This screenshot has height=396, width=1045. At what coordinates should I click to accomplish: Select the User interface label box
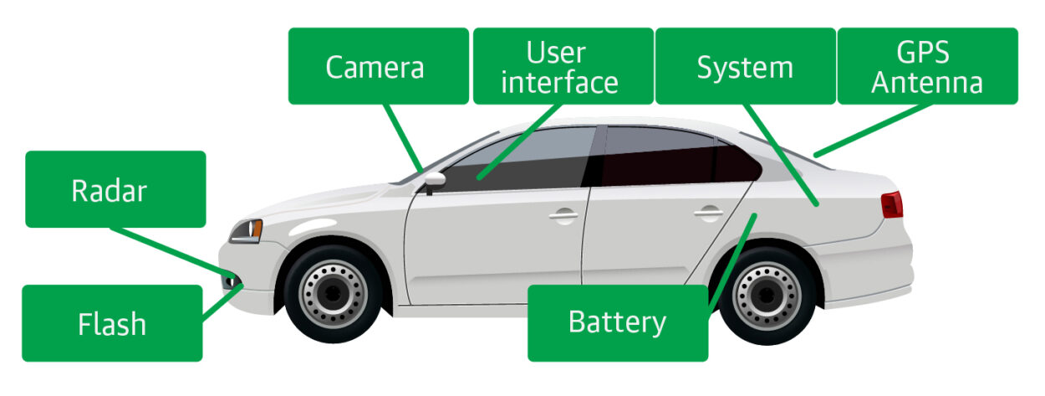pos(562,66)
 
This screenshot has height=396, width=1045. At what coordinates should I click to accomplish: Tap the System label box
pos(744,66)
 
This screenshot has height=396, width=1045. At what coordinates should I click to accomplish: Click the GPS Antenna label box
pos(927,66)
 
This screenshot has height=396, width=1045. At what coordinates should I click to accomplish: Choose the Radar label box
pos(115,189)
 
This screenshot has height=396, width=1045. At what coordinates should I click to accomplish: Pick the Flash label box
pos(112,323)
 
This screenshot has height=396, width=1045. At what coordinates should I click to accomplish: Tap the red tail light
pos(892,203)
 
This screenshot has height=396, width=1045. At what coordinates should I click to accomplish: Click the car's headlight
pos(247,230)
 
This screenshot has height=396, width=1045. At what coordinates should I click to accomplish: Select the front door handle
pos(563,215)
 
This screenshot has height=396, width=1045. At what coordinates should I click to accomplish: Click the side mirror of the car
pos(434,179)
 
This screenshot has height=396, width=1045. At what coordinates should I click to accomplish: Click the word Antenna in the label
pos(927,83)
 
